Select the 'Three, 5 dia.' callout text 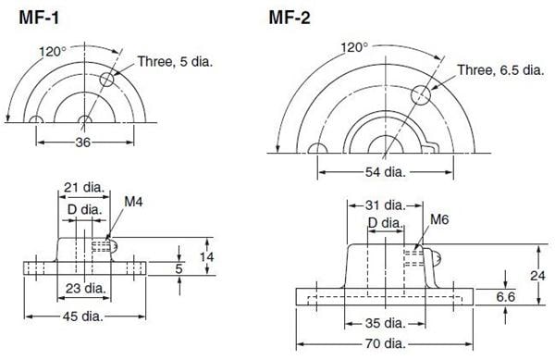click(x=176, y=61)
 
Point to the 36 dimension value click(x=83, y=142)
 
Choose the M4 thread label click(x=133, y=200)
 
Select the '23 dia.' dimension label click(x=84, y=288)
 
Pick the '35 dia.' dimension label click(x=383, y=323)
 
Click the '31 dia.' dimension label click(x=381, y=205)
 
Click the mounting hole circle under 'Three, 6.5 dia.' click(x=421, y=93)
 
